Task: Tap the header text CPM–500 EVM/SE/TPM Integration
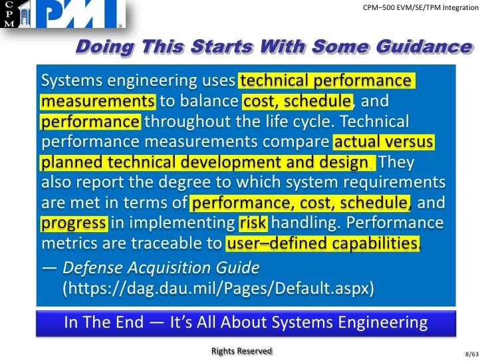[417, 7]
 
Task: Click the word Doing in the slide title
[101, 47]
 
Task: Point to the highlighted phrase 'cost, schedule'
[297, 102]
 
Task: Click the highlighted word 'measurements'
[98, 102]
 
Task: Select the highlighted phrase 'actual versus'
[384, 143]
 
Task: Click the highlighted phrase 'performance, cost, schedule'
[301, 203]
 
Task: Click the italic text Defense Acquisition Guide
[160, 268]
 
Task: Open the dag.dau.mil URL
[217, 289]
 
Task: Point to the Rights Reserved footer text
[241, 350]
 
